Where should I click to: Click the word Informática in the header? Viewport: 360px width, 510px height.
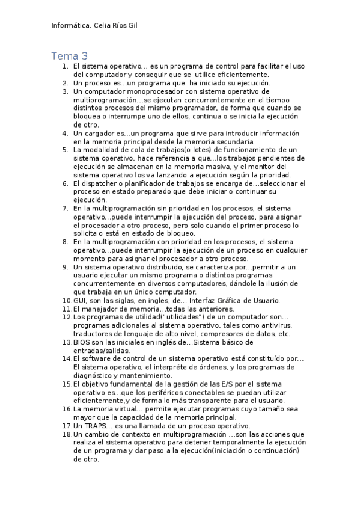70,26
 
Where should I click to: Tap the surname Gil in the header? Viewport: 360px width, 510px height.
138,26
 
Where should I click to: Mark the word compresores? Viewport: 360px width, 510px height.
227,334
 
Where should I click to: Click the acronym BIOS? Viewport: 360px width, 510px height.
82,342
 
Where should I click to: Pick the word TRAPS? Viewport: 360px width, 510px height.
96,426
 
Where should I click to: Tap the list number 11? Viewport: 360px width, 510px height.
67,309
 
